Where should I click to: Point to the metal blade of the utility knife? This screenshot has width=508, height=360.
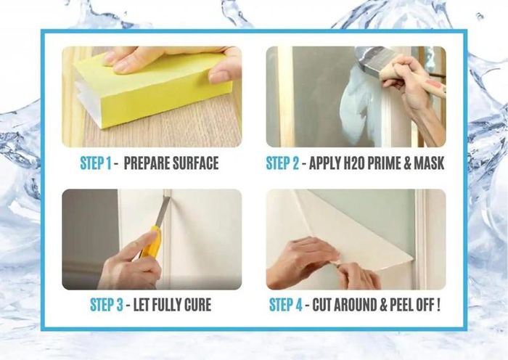pos(163,212)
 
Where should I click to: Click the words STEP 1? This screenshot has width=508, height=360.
pos(96,163)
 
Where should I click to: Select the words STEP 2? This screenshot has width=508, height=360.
pos(282,163)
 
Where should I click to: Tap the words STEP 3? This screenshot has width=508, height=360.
pos(107,305)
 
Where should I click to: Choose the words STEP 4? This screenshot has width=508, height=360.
pos(286,305)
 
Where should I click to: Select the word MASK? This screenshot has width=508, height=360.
pos(429,163)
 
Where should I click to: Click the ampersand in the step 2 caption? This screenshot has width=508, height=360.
pos(407,163)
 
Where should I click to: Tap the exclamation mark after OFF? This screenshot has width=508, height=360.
pos(438,305)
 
